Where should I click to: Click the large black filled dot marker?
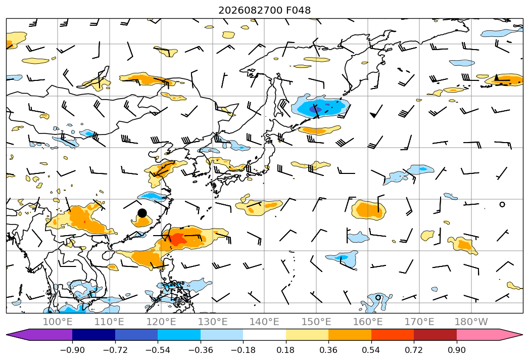142,213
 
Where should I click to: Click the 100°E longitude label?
58,322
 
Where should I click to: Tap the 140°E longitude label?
264,322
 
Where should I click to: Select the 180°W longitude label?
471,322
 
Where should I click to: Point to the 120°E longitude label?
161,322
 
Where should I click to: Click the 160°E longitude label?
368,322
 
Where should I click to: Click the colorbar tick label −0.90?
72,350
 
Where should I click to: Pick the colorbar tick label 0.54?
371,350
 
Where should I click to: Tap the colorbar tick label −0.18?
243,350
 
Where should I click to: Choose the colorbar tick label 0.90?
456,350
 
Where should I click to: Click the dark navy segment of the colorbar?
94,335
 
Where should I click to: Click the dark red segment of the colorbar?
435,335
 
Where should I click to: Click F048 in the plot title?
298,10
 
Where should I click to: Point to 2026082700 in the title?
250,10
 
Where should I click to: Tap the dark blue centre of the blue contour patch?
318,109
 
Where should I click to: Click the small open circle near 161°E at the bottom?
378,297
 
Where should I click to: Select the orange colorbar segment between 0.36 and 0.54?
350,335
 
